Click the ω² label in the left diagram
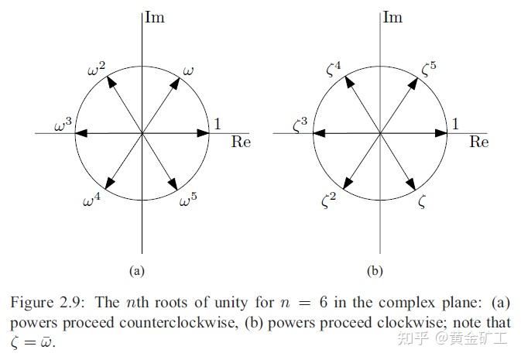point(97,70)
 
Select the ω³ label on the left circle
point(63,125)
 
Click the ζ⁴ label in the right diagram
point(334,72)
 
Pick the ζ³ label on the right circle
point(300,125)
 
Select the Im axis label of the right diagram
point(392,17)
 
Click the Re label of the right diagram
point(479,142)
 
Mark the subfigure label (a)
point(137,271)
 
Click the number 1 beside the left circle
point(218,124)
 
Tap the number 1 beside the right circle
point(455,124)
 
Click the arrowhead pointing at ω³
point(81,133)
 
